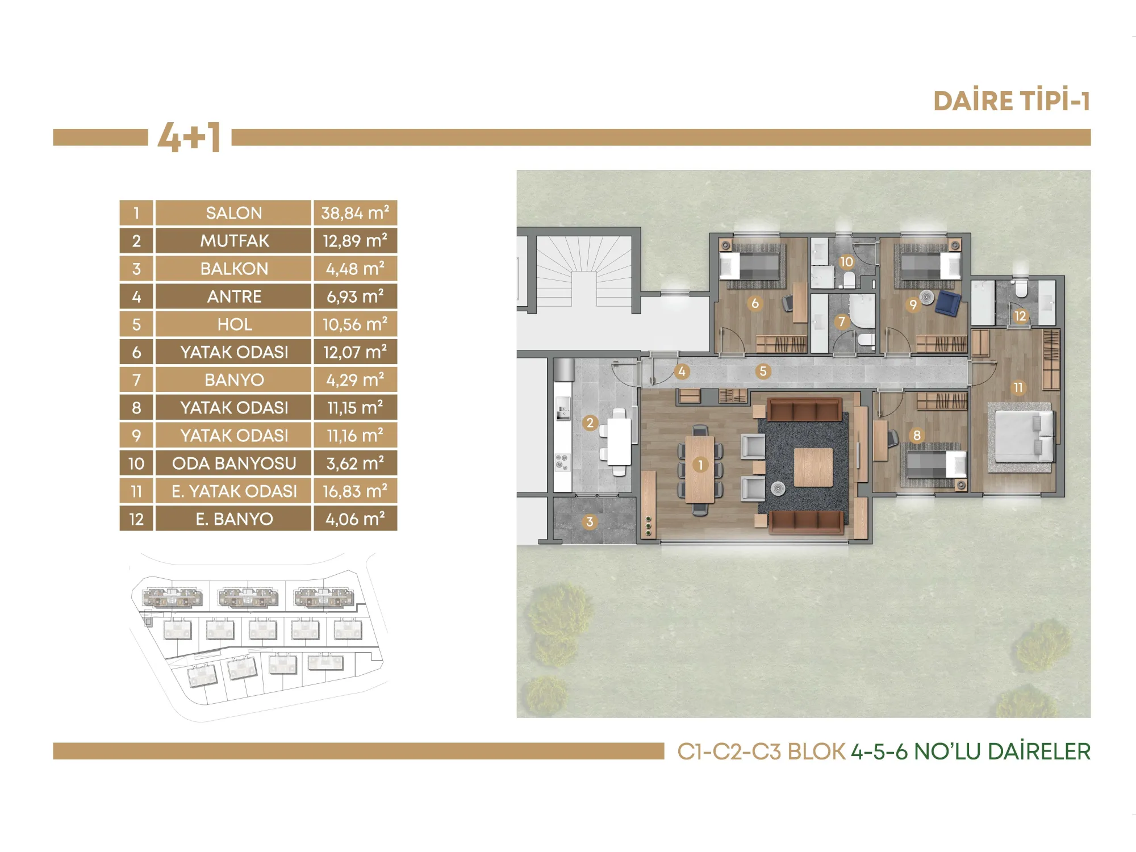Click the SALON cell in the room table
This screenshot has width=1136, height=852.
pyautogui.click(x=233, y=213)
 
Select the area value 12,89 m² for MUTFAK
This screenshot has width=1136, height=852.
pyautogui.click(x=355, y=241)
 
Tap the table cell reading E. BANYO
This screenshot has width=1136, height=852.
pyautogui.click(x=233, y=519)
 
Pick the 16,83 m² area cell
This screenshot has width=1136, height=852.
pyautogui.click(x=355, y=491)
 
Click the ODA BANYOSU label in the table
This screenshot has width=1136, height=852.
pyautogui.click(x=233, y=463)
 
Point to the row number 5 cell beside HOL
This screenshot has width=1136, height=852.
pyautogui.click(x=136, y=324)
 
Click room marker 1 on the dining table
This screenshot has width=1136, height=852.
pyautogui.click(x=700, y=465)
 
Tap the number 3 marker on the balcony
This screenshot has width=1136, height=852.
pyautogui.click(x=590, y=522)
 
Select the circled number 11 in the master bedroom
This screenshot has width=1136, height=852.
pyautogui.click(x=1018, y=387)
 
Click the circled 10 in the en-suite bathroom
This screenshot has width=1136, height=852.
pyautogui.click(x=846, y=261)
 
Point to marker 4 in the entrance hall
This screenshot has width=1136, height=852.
pyautogui.click(x=682, y=371)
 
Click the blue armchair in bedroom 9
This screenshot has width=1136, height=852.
pyautogui.click(x=948, y=302)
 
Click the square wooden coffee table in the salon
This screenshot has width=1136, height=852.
pyautogui.click(x=813, y=467)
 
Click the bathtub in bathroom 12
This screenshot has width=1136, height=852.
pyautogui.click(x=983, y=302)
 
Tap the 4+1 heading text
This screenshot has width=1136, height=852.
pyautogui.click(x=189, y=137)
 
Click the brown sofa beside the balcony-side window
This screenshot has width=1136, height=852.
pyautogui.click(x=807, y=522)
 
